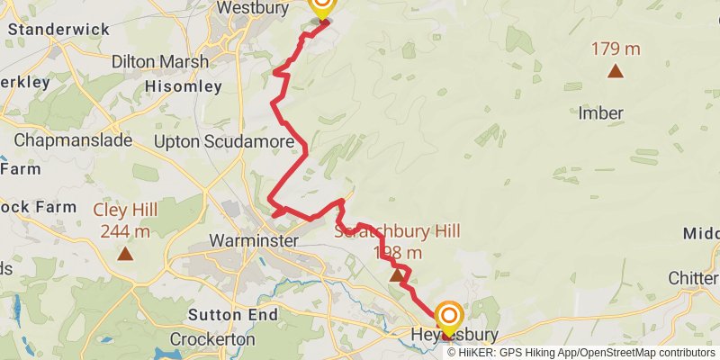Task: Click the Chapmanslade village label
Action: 73,140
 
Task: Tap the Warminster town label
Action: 253,241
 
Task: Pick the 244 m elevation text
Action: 125,231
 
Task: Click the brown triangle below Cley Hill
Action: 125,254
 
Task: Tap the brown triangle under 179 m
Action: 616,71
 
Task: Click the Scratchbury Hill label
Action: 397,231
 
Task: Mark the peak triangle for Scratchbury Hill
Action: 396,275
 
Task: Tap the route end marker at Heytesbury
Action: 448,317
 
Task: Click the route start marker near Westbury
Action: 321,7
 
